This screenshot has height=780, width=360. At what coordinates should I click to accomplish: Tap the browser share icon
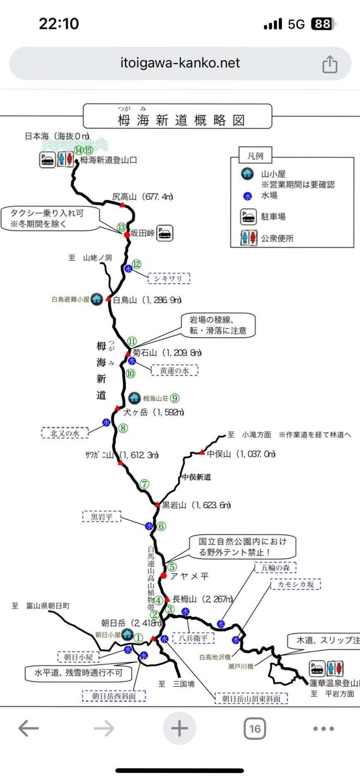coord(330,65)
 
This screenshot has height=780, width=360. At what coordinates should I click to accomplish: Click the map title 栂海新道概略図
coord(181,120)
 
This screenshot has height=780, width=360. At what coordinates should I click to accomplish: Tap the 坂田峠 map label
coord(142,233)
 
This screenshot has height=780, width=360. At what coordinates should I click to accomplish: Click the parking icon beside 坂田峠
coord(165,233)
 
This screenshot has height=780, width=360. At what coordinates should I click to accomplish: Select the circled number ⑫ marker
coord(136,264)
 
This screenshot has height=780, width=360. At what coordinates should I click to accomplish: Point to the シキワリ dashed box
coord(169,279)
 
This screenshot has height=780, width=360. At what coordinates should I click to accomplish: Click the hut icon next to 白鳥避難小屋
coord(97,299)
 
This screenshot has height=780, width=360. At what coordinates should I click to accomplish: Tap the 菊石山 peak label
coord(145,352)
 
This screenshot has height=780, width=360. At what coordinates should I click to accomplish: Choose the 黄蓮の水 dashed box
coord(174,370)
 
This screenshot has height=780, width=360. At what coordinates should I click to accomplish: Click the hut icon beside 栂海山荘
coord(134,398)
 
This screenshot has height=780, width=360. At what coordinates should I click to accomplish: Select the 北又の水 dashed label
coord(65,433)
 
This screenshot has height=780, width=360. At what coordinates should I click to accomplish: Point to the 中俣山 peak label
coord(219,454)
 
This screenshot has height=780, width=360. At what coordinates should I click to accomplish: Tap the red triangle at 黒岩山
coord(157,505)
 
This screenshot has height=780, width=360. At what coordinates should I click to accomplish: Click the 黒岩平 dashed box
coord(102,517)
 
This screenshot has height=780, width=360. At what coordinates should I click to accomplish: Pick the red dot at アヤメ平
coord(163,576)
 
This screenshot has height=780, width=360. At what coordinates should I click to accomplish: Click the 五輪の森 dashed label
coord(275,567)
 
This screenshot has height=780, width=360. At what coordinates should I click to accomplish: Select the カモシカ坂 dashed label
coord(295,585)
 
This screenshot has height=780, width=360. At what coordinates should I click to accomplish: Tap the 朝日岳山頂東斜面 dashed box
coord(251,699)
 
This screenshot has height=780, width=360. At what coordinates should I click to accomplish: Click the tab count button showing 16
coord(255,729)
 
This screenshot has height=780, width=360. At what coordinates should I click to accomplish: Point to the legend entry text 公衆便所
coord(277,238)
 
